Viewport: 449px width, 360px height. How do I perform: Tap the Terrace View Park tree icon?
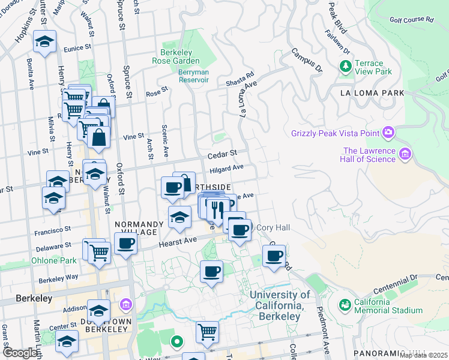[345, 65]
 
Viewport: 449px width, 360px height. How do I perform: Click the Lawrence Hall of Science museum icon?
[405, 155]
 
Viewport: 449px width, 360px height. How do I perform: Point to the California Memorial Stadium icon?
[345, 305]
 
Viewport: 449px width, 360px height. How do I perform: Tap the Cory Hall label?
[273, 228]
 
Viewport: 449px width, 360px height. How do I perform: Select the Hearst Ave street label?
[178, 242]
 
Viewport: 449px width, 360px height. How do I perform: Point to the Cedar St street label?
[223, 154]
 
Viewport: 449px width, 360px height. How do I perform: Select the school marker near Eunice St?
[44, 42]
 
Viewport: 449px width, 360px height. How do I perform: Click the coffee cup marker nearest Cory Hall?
[240, 230]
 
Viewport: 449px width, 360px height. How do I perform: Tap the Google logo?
[20, 353]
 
